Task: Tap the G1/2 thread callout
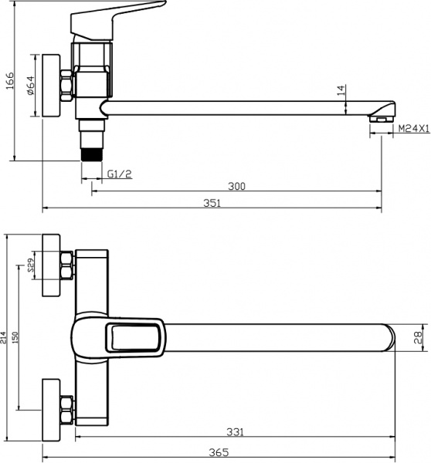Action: (120, 174)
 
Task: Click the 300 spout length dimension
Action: (237, 185)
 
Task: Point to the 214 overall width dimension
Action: (5, 336)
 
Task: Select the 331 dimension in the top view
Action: (235, 432)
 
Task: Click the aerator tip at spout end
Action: (381, 118)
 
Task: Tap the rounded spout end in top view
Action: (389, 337)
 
